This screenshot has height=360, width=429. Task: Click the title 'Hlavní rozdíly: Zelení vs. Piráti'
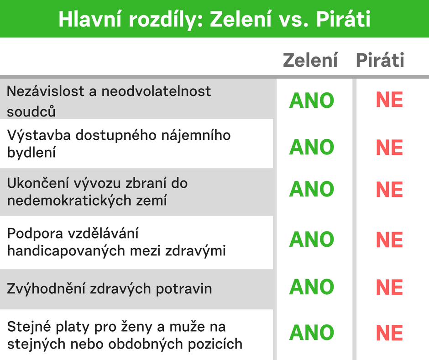pyautogui.click(x=214, y=19)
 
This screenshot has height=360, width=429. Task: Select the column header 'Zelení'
pyautogui.click(x=310, y=60)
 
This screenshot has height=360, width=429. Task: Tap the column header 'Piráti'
pyautogui.click(x=380, y=60)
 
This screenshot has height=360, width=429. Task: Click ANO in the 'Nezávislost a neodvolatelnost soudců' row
pyautogui.click(x=312, y=101)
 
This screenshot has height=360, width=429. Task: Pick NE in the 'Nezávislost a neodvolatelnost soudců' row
pyautogui.click(x=389, y=100)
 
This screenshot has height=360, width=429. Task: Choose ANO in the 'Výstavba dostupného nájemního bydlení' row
pyautogui.click(x=312, y=147)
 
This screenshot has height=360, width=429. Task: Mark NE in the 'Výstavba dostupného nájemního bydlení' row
pyautogui.click(x=389, y=148)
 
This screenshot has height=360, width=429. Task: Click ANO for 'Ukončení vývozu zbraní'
pyautogui.click(x=312, y=189)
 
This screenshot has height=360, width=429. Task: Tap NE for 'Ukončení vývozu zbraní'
pyautogui.click(x=389, y=190)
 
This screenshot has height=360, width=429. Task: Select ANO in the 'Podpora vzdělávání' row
pyautogui.click(x=312, y=239)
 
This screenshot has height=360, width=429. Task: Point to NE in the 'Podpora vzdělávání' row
pyautogui.click(x=389, y=240)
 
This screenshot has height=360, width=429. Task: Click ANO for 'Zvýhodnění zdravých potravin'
pyautogui.click(x=312, y=287)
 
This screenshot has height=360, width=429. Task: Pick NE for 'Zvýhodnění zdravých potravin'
pyautogui.click(x=389, y=287)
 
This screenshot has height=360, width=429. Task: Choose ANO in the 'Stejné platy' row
pyautogui.click(x=312, y=332)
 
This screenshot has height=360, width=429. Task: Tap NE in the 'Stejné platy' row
pyautogui.click(x=389, y=333)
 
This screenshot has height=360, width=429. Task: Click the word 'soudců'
pyautogui.click(x=31, y=111)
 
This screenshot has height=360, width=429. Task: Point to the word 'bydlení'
pyautogui.click(x=31, y=152)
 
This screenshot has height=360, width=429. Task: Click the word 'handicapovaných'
pyautogui.click(x=66, y=251)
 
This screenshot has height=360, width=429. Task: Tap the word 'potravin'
pyautogui.click(x=184, y=289)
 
